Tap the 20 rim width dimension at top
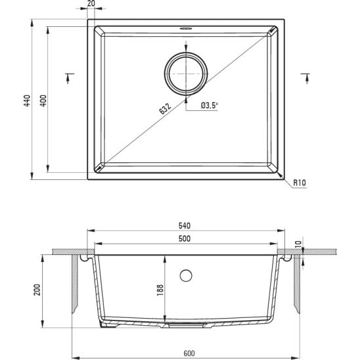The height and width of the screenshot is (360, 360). (x=90, y=4)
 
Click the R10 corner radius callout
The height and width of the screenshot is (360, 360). (x=301, y=183)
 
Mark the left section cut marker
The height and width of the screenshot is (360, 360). (x=69, y=77)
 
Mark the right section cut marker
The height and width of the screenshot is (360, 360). (x=304, y=77)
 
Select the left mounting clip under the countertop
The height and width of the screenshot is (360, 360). (x=83, y=259)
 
